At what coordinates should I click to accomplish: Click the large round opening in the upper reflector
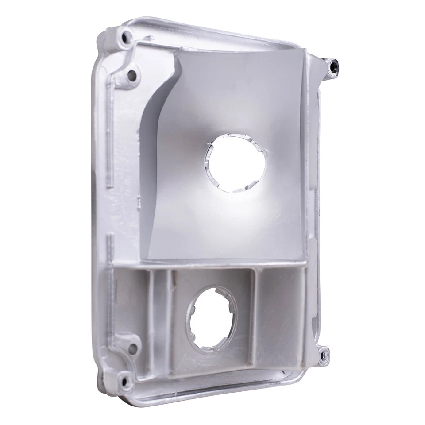[236, 162]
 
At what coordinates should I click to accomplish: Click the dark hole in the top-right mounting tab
[333, 67]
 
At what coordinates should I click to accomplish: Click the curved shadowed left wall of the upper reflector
[155, 146]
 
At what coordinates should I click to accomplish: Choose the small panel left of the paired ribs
[133, 305]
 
